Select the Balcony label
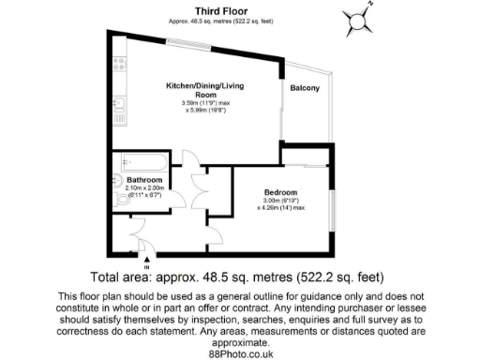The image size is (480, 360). (x=305, y=89)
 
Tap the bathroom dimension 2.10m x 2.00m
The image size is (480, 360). (x=143, y=187)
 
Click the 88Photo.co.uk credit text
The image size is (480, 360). (x=240, y=353)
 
